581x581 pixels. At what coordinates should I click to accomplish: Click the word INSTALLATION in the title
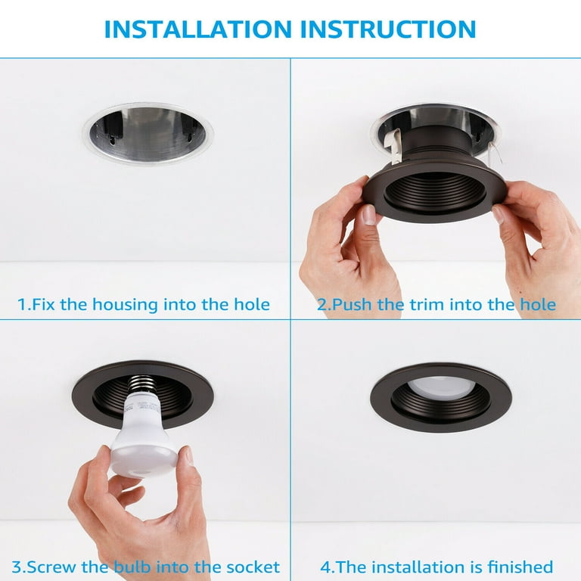[x=198, y=30]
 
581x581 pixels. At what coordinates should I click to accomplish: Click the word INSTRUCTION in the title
[x=388, y=30]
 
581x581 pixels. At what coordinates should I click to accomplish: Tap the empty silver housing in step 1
[x=148, y=134]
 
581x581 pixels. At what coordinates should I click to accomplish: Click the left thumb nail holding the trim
[x=368, y=216]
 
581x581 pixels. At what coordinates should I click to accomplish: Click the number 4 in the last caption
[x=325, y=567]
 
